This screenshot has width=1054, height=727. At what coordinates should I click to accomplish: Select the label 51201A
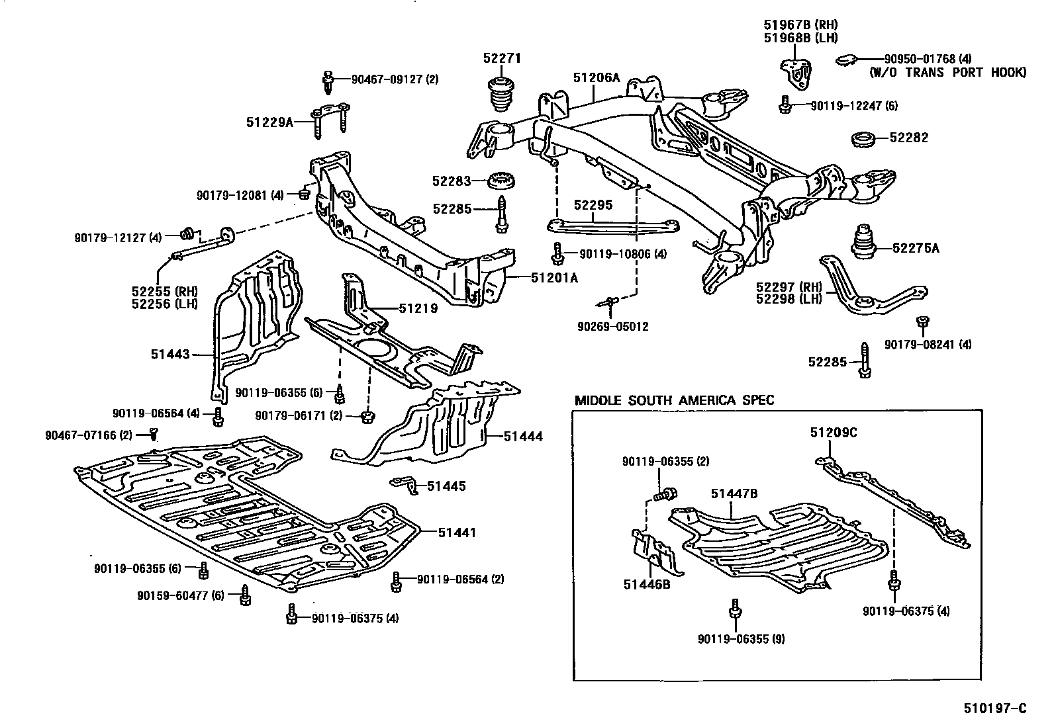pos(554,278)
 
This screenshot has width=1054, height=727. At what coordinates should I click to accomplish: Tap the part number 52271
pos(502,58)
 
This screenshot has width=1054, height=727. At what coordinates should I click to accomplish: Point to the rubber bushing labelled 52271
pos(502,95)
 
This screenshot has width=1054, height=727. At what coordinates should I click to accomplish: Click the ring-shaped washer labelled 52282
pos(863,139)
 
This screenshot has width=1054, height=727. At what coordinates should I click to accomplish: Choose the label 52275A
pos(916,249)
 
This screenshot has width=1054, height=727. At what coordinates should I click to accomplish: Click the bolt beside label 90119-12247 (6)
pos(784,105)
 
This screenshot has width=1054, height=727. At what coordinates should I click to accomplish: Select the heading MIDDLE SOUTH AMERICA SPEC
pos(674,400)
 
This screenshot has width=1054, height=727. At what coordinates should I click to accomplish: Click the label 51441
pos(457,533)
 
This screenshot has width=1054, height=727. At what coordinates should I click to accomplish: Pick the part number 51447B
pos(734,493)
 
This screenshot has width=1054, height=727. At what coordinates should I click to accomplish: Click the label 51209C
pos(834,433)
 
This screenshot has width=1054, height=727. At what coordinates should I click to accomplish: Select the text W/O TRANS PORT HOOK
pos(947,72)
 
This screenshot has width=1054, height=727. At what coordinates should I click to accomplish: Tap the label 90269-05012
pos(612,326)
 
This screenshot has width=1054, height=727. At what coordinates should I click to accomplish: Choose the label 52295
pos(593,205)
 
